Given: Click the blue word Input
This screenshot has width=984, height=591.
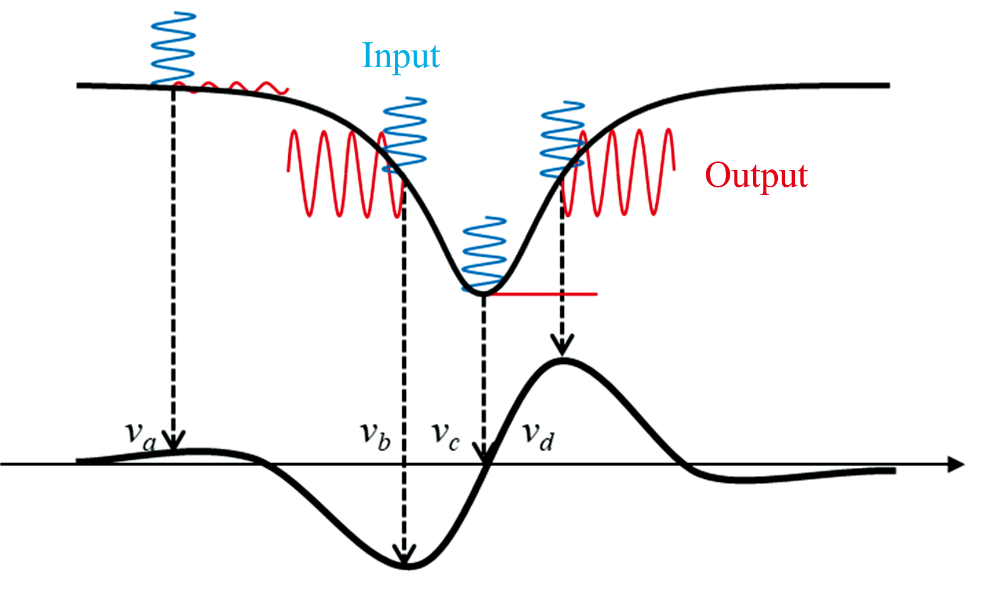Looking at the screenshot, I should pos(400,56).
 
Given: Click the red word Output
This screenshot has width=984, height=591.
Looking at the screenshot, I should pos(756,175).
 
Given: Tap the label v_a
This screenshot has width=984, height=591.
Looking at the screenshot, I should pos(141,435).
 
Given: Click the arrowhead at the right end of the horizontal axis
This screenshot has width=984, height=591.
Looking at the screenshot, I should pos(955,464).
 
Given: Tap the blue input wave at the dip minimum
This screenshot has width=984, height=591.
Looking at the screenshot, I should pos(484,253).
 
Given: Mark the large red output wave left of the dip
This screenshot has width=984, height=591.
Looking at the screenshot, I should pos(342,173).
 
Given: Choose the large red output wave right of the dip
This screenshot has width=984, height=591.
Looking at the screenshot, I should pos(621,172).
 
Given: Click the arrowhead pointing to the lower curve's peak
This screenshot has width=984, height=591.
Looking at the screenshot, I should pos(562,345).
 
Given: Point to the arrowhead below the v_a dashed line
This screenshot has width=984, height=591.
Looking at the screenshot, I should pos(174,440).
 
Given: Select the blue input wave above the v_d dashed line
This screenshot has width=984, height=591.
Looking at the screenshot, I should pos(562,139).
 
